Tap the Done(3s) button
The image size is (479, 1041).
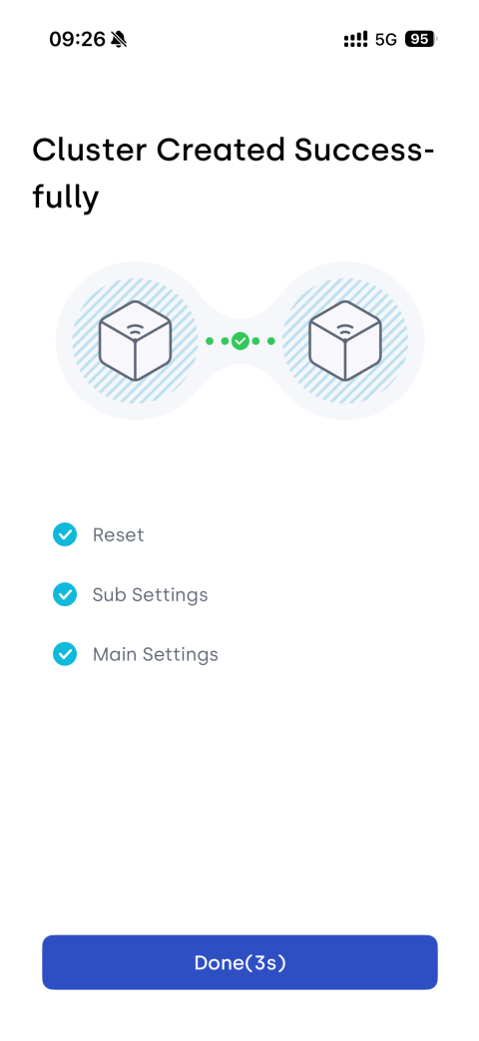click(x=239, y=962)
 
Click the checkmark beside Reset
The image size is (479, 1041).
click(x=65, y=534)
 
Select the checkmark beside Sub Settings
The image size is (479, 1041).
click(x=65, y=594)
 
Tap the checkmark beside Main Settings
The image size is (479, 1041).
click(x=65, y=654)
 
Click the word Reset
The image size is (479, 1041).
click(x=119, y=535)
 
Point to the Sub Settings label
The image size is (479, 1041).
click(x=150, y=595)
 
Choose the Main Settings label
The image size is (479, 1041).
click(x=156, y=654)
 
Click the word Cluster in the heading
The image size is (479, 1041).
click(x=90, y=150)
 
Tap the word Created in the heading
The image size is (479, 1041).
click(x=221, y=150)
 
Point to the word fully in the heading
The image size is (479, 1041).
click(x=65, y=197)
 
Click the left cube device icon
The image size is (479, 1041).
click(x=135, y=341)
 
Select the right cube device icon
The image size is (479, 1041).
click(x=345, y=341)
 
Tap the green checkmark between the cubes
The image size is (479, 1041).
click(x=240, y=341)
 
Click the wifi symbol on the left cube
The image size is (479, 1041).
click(x=135, y=330)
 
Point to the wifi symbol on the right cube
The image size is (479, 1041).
click(x=345, y=330)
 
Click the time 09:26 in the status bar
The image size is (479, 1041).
click(x=77, y=39)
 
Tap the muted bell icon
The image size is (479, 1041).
click(x=119, y=39)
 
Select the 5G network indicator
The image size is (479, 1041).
click(x=385, y=40)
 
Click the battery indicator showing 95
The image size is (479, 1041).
click(x=420, y=39)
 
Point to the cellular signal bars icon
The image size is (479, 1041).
click(x=355, y=40)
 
